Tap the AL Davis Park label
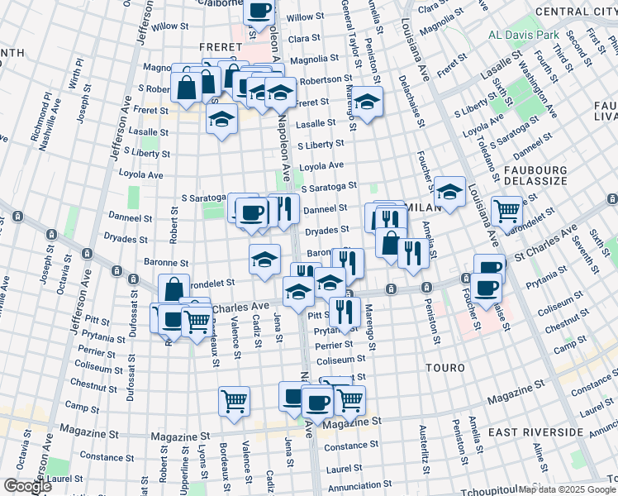pos(525,35)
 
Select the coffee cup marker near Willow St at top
pos(259,12)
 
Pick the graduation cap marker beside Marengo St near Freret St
pos(368,102)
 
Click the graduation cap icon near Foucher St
pos(449,192)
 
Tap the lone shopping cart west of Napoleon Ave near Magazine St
pos(235,401)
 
